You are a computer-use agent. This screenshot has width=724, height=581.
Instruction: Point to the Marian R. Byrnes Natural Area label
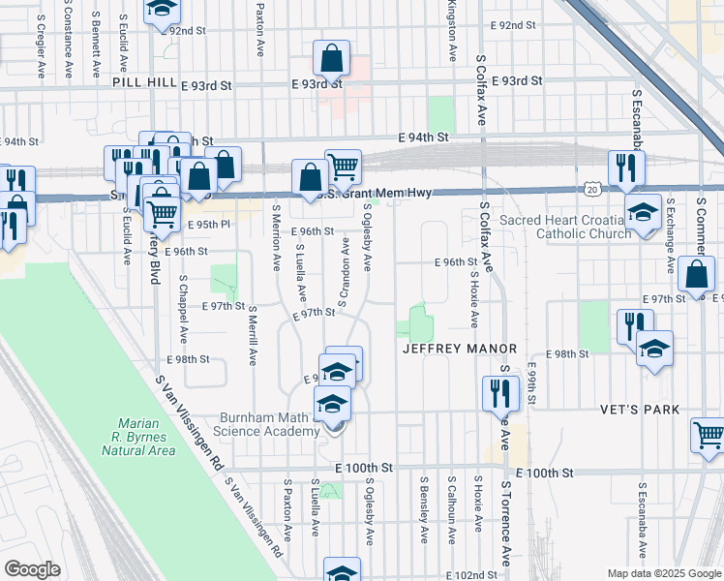coord(145,437)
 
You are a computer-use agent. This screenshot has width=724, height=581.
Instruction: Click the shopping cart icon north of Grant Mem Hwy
coord(343,168)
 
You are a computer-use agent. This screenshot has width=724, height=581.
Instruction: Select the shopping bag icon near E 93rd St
coord(331,59)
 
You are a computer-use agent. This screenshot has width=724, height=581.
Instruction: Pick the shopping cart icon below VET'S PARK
coord(709,436)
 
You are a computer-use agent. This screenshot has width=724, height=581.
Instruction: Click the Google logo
coord(32,569)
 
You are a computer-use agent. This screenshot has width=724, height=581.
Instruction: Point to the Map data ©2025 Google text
coord(663,573)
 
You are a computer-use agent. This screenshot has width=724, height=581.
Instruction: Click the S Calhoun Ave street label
coord(451,504)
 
